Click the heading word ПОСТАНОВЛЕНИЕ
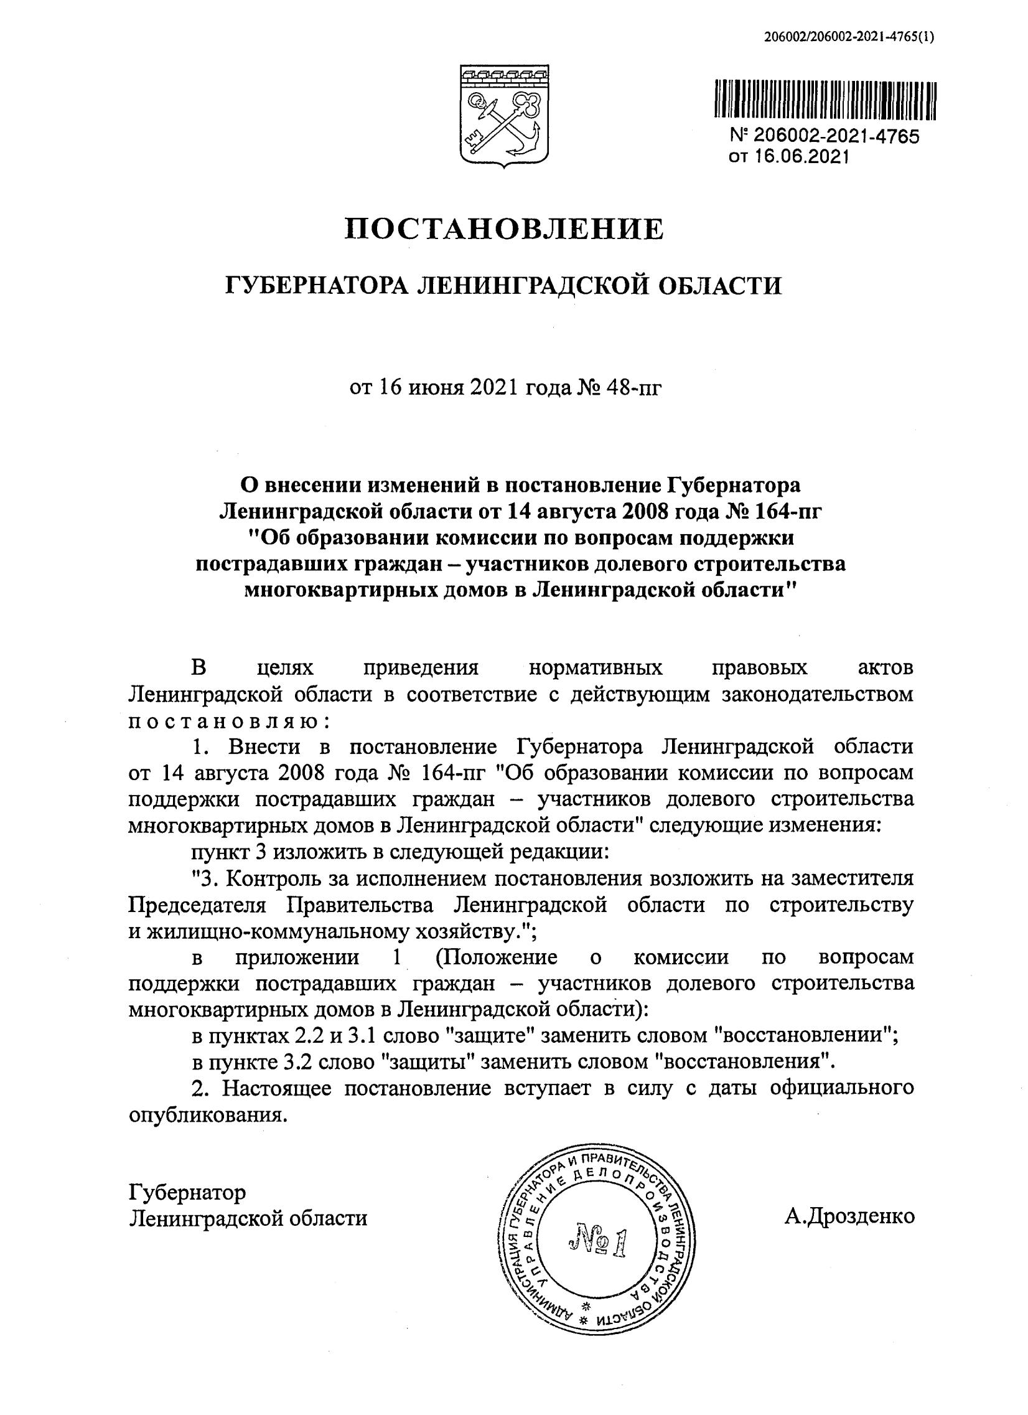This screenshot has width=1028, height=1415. pos(504,230)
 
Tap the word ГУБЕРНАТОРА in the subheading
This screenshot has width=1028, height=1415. pos(315,286)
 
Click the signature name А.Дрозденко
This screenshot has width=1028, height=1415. pos(849,1215)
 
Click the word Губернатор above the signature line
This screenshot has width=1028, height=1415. pos(187,1192)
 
